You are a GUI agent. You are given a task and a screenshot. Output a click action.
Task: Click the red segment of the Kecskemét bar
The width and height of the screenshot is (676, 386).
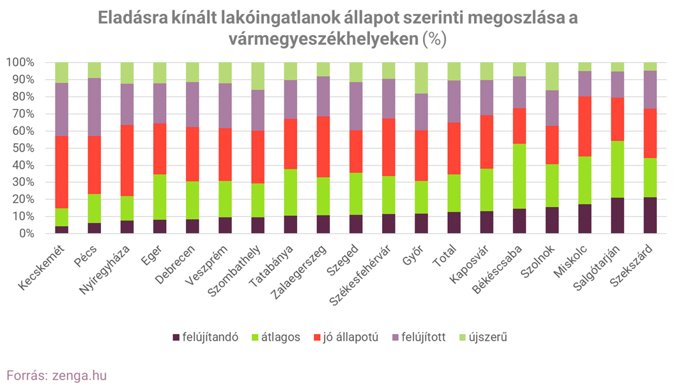tap(61, 172)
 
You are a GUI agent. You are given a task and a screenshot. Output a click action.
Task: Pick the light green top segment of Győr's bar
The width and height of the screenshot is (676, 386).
tap(421, 78)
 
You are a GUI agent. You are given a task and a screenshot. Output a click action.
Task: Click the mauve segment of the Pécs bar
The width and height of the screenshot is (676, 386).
tap(94, 107)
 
